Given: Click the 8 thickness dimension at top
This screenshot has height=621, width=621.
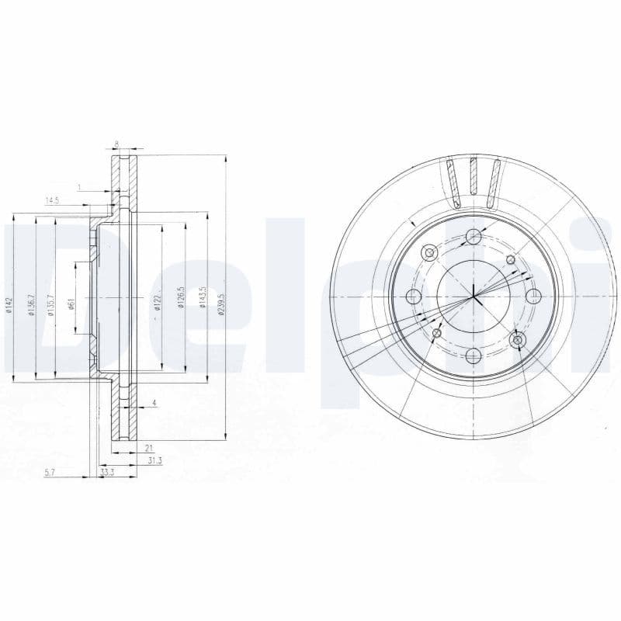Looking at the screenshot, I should click(116, 144).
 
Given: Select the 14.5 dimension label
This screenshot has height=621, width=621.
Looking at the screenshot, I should click(52, 201).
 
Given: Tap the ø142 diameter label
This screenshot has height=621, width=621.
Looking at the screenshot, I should click(11, 306).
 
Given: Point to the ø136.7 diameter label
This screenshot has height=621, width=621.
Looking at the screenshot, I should click(32, 304).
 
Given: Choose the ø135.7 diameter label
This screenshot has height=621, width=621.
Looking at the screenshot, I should click(51, 304).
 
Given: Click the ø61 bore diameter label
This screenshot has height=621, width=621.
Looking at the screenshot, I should click(71, 304).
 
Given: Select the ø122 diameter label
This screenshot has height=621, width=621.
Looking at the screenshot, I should click(157, 302).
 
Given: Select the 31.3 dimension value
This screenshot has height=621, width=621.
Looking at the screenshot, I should click(154, 460).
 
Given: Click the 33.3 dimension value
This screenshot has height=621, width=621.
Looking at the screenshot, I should click(107, 472).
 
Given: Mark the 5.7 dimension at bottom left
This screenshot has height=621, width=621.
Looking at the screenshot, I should click(50, 472).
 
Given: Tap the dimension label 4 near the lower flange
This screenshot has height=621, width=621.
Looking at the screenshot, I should click(154, 402).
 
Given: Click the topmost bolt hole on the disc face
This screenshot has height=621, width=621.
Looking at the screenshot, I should click(473, 238).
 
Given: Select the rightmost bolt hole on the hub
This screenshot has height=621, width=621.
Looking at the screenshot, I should click(533, 296).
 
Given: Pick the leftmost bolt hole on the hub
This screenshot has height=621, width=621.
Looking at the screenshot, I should click(413, 296).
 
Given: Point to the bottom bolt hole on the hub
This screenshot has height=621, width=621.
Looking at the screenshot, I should click(473, 356).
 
